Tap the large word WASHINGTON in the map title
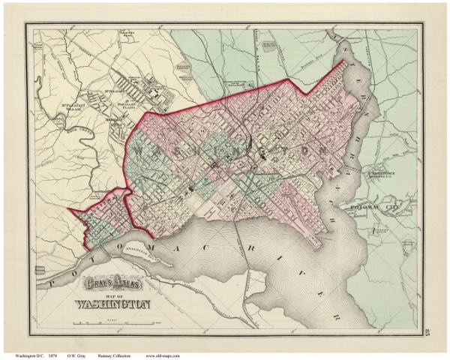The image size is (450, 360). click(112, 305)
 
